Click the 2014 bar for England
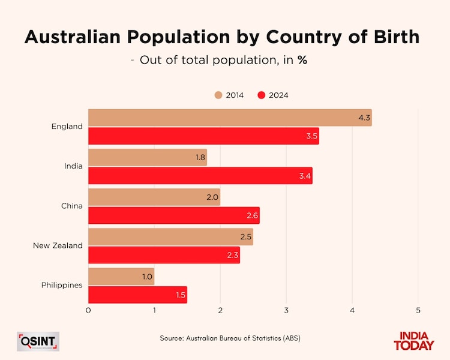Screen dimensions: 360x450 tap(230, 118)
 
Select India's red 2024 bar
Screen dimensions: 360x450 tap(200, 176)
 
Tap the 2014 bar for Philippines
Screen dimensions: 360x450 tap(121, 277)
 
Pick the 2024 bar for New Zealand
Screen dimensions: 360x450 tap(164, 255)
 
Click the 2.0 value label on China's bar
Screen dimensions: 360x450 tap(212, 197)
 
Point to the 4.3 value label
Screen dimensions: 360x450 tap(364, 118)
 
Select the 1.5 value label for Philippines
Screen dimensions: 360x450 tap(179, 295)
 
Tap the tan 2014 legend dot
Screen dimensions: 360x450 tap(218, 95)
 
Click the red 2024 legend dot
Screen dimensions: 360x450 tap(262, 95)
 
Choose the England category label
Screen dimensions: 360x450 tap(67, 127)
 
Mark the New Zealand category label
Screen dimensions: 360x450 tap(59, 245)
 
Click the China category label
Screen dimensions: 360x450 tap(71, 206)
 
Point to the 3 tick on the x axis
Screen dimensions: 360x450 tap(286, 311)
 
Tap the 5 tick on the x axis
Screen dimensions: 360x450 tap(418, 311)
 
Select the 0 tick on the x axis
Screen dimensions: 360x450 tap(88, 311)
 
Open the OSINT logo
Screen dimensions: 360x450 tap(38, 341)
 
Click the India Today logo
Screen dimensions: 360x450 tap(413, 341)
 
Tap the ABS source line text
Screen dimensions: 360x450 tap(230, 338)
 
